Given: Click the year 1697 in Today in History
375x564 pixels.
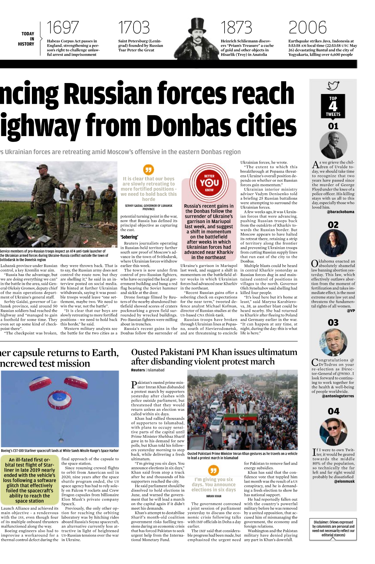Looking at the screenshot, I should [x=63, y=28].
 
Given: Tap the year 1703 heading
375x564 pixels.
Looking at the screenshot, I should [x=134, y=28].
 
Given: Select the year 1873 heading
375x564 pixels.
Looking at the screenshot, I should [x=236, y=28].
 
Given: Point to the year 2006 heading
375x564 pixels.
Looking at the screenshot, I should [x=307, y=28].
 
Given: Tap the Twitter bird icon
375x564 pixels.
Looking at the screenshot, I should [x=333, y=86].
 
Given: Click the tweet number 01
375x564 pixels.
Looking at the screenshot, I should [x=333, y=126].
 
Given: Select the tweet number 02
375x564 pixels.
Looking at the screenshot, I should [x=333, y=225].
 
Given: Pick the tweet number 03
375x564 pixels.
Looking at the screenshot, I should [x=333, y=323].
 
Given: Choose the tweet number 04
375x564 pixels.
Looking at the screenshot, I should [x=333, y=411].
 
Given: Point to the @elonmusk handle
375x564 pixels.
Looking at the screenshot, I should [x=344, y=481].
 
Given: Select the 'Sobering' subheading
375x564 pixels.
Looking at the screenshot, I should [x=129, y=237].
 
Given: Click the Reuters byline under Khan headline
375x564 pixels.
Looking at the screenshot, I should [x=138, y=370].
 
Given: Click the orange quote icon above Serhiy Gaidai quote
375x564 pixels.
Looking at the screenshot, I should [x=149, y=170].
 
